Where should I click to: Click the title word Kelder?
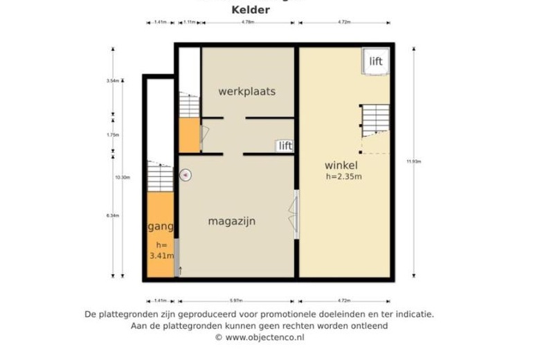(250, 10)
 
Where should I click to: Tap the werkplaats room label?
(246, 91)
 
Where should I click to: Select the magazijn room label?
(232, 222)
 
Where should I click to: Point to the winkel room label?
(341, 165)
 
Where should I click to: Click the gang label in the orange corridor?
(161, 226)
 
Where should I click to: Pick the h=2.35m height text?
(344, 177)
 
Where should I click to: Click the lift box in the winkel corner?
(375, 62)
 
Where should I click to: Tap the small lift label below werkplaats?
(285, 145)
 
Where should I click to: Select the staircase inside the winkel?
(375, 120)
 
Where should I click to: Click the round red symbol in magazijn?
(186, 175)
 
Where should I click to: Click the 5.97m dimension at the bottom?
(237, 300)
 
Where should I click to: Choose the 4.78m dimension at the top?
(248, 23)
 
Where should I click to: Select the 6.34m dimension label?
(113, 216)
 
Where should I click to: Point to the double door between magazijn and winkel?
(296, 214)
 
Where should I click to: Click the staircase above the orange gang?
(160, 177)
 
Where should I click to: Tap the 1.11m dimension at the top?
(189, 23)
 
